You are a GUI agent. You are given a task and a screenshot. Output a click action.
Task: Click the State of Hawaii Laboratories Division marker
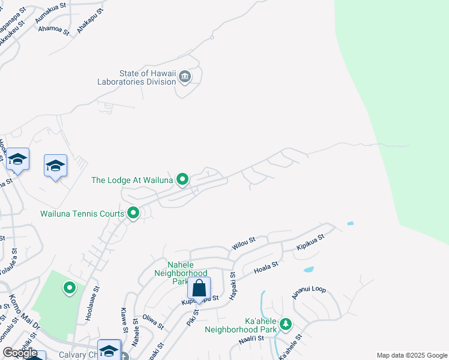[184, 76]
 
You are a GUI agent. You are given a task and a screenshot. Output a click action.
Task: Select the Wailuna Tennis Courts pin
[133, 212]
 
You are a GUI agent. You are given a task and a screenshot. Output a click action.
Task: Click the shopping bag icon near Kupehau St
[199, 288]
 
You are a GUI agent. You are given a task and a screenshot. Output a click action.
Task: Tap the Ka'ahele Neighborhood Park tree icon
[286, 325]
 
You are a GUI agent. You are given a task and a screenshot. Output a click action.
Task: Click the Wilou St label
[244, 243]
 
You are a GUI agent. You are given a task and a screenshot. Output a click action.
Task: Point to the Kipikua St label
[310, 242]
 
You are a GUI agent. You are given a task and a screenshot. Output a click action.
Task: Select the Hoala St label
[267, 267]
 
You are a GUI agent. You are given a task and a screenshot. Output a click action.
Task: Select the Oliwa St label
[152, 322]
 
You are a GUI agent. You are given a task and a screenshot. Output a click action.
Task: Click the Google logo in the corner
[20, 353]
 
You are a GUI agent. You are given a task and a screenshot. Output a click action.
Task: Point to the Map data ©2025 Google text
[411, 355]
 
